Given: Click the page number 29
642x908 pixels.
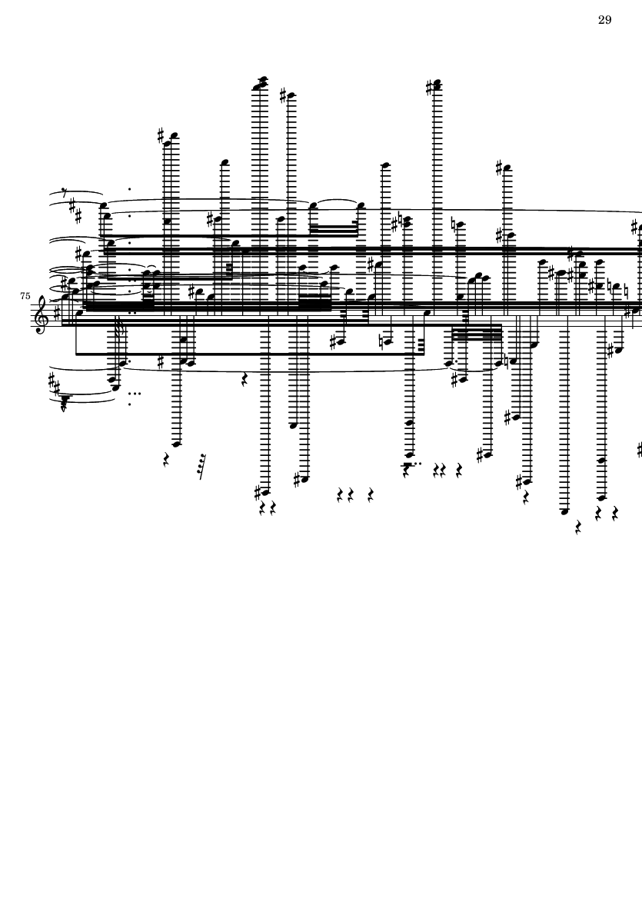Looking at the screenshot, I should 604,20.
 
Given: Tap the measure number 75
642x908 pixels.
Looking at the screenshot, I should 25,296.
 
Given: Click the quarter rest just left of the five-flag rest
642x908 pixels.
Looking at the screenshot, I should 167,460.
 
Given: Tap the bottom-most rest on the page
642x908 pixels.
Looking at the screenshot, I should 577,528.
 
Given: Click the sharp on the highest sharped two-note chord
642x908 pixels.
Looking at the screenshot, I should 430,88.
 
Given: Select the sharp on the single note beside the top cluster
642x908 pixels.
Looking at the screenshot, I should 283,96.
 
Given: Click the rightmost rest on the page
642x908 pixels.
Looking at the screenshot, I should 616,513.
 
